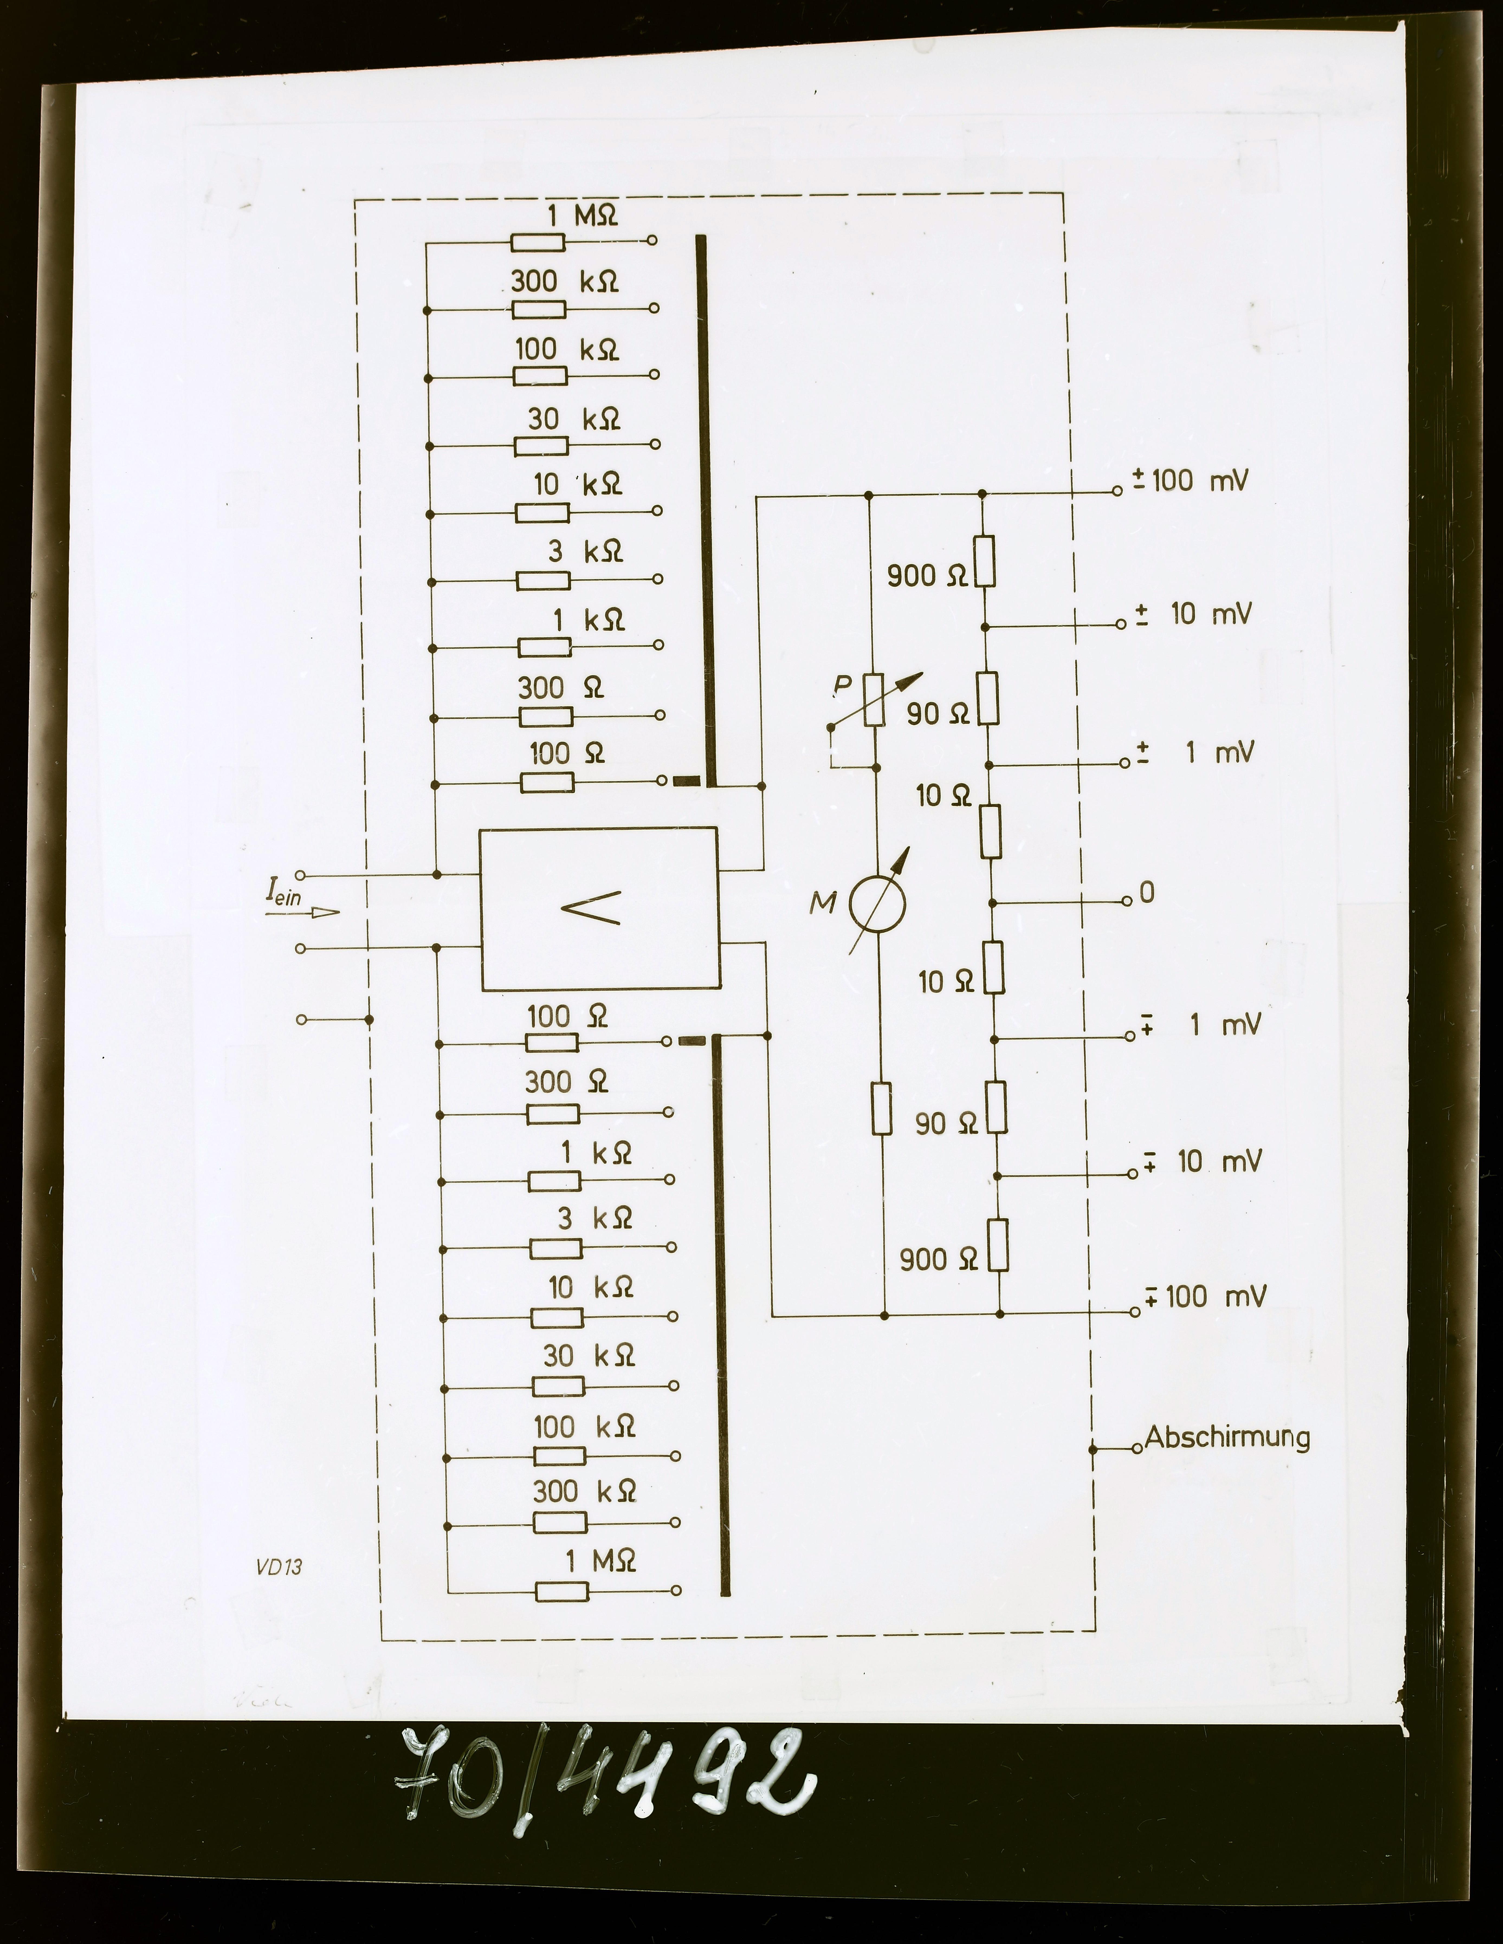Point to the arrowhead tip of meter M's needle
pos(910,847)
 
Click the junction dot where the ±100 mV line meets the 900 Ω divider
pos(982,493)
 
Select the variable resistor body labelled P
pos(874,701)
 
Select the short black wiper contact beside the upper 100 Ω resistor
pos(687,782)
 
